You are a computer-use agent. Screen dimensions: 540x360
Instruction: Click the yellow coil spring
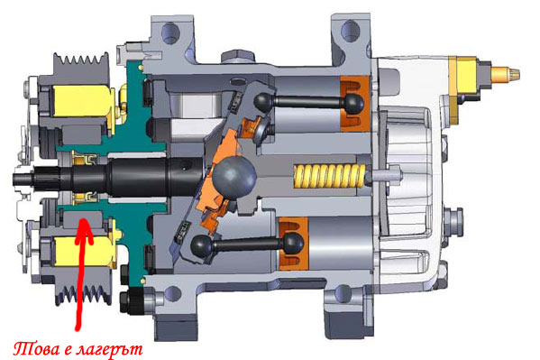(x=329, y=176)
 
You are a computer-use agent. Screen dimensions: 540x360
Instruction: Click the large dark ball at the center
(x=234, y=178)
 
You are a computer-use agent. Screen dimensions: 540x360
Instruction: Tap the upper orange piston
(x=354, y=104)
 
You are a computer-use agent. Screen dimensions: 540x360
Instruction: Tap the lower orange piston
(x=293, y=244)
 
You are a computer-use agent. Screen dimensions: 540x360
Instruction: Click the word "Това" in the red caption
(x=36, y=349)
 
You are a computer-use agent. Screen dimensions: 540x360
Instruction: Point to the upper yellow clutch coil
(x=83, y=101)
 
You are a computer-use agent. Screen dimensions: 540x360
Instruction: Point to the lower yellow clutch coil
(x=84, y=251)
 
